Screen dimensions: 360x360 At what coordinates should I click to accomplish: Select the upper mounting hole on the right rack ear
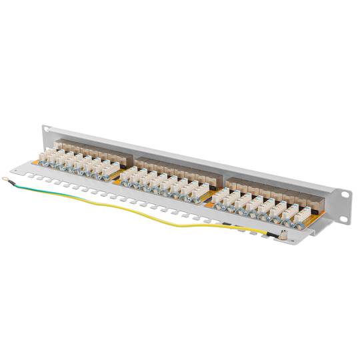click(x=345, y=194)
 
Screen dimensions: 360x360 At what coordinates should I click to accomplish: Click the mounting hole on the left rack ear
click(x=46, y=130)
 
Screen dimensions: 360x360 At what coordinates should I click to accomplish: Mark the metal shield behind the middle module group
click(x=177, y=167)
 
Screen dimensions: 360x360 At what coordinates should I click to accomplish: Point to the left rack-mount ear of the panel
click(x=45, y=133)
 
